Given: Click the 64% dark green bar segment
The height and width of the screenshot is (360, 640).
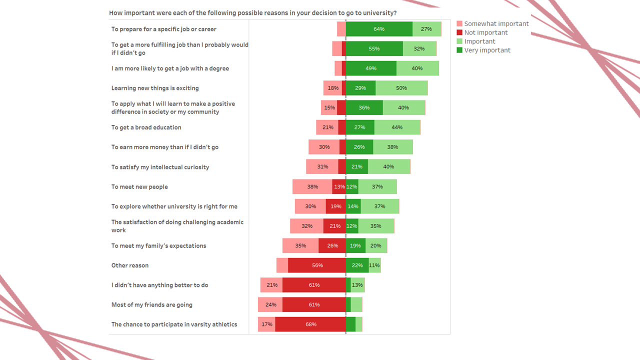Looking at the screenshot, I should [379, 29].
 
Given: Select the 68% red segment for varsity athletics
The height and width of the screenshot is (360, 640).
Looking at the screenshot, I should [310, 324].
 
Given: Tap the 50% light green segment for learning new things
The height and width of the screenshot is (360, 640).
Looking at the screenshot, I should [401, 88].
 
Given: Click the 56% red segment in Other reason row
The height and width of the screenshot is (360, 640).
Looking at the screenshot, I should [317, 265].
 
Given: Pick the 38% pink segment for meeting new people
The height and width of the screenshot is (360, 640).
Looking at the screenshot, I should [312, 187].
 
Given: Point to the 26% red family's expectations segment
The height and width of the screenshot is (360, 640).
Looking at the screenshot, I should [332, 246].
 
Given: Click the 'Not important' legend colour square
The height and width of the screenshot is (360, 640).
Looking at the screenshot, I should [460, 32].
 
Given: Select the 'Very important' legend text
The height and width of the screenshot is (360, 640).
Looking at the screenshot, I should [487, 50].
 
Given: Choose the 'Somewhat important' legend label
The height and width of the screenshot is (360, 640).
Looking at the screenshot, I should [496, 23].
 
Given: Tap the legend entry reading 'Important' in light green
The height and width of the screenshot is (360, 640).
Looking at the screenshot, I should [479, 41].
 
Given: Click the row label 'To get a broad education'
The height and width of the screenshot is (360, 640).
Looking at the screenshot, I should [146, 127].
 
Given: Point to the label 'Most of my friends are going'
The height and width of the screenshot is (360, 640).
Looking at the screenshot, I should [151, 305].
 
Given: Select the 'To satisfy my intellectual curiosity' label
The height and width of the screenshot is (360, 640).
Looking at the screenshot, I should [160, 167].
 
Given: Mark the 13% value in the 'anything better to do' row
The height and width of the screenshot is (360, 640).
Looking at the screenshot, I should [357, 285].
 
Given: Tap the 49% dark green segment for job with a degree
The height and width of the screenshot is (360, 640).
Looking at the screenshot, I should [371, 68].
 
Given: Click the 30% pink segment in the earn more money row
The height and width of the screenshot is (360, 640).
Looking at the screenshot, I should [324, 147].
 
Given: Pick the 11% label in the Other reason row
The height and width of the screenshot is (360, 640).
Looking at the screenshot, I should [374, 265].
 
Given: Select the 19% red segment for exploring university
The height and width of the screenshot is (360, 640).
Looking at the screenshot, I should [335, 206].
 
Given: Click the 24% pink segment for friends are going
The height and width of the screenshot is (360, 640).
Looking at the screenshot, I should [270, 305].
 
